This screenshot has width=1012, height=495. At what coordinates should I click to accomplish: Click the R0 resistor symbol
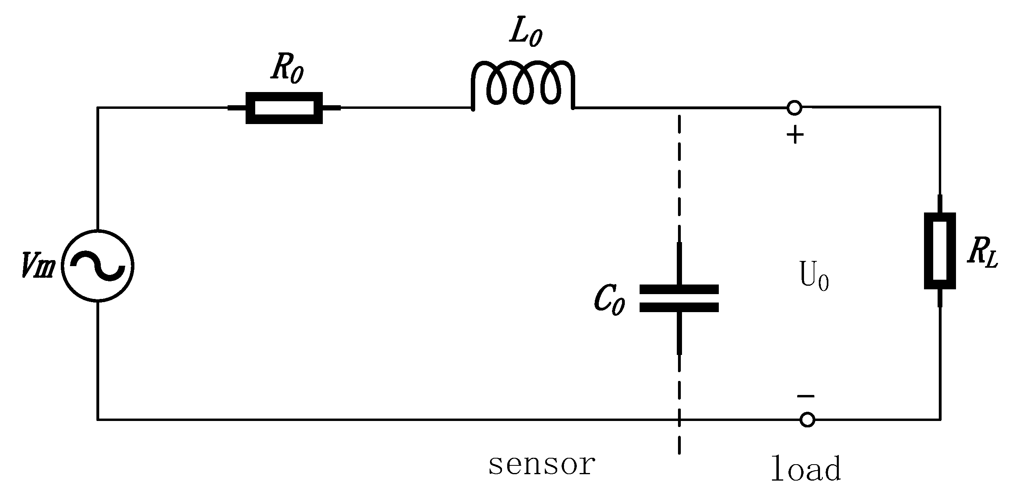click(x=284, y=108)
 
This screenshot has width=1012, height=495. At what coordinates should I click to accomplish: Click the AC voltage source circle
click(x=98, y=266)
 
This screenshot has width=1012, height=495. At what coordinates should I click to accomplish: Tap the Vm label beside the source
click(x=38, y=265)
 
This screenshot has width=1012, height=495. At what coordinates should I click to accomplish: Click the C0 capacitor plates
click(x=679, y=298)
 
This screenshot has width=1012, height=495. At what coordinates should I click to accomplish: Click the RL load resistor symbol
click(x=940, y=251)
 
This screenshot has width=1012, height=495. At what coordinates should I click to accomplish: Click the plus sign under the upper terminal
click(x=795, y=135)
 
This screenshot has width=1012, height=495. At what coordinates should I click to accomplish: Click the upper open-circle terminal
click(x=794, y=108)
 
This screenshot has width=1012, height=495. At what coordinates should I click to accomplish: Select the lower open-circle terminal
click(x=807, y=420)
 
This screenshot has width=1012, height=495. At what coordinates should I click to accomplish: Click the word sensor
click(x=542, y=465)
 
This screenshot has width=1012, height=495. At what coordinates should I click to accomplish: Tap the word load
click(x=806, y=469)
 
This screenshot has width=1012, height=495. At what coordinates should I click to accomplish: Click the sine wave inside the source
click(x=98, y=266)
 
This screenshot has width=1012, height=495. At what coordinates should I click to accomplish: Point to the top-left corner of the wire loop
click(x=98, y=107)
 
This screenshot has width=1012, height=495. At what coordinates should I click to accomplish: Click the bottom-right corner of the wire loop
click(x=940, y=419)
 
